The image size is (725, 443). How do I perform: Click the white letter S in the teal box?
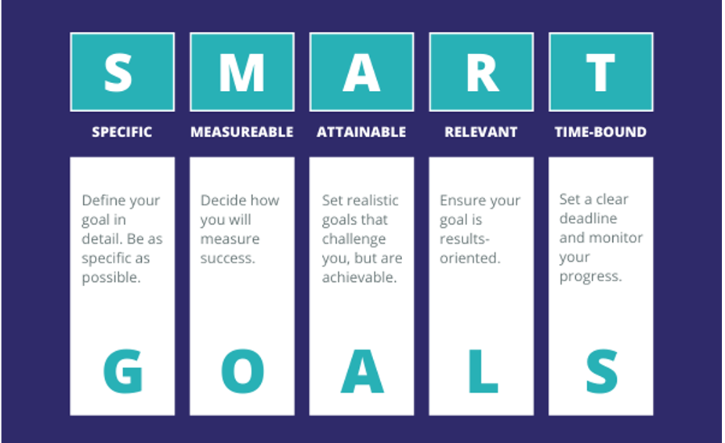tap(118, 72)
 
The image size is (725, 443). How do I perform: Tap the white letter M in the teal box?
tap(242, 72)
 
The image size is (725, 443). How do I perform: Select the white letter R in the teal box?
tap(483, 72)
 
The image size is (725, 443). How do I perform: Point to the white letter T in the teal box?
tap(601, 72)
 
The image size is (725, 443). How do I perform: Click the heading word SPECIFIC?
tap(122, 132)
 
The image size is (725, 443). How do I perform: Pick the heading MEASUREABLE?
tap(242, 132)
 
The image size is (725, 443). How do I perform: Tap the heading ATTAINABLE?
tap(362, 132)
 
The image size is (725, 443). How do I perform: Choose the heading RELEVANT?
tap(481, 132)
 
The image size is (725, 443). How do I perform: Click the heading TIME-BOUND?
tap(601, 132)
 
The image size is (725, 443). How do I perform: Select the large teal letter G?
tap(122, 371)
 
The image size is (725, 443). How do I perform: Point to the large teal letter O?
tap(242, 371)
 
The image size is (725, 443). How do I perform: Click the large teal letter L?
tap(483, 371)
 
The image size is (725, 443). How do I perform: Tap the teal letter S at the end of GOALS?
tap(602, 371)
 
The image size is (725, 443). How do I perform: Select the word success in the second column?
tap(227, 258)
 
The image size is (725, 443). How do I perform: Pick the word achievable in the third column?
tap(359, 277)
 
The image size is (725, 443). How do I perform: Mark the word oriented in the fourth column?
tap(470, 258)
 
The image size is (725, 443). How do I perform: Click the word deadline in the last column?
tap(588, 218)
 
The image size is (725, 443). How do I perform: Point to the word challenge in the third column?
tap(354, 239)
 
